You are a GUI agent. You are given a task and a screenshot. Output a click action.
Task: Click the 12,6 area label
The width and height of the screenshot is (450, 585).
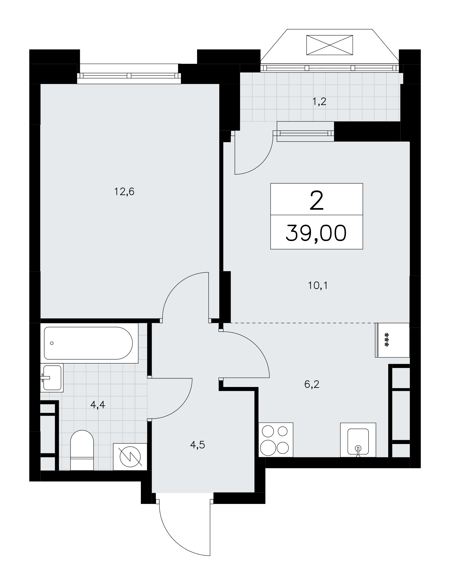[124, 192]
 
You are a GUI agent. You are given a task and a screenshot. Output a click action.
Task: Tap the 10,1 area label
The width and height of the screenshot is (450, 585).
[318, 285]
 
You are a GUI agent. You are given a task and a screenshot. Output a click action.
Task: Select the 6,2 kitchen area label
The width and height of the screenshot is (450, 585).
[312, 384]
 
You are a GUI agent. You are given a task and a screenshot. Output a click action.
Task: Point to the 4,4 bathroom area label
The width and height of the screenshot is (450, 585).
[98, 405]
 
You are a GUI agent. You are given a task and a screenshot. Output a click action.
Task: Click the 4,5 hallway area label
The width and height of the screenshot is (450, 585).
[198, 445]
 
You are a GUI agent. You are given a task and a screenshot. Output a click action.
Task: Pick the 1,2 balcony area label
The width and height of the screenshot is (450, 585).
[319, 102]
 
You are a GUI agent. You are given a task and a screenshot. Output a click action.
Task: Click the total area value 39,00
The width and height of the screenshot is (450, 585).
[316, 233]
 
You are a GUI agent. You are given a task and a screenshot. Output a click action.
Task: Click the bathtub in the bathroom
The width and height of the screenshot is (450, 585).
[88, 343]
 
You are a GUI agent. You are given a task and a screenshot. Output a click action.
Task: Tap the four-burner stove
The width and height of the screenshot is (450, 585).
[276, 440]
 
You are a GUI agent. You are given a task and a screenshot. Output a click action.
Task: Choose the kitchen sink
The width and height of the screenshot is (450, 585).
[358, 440]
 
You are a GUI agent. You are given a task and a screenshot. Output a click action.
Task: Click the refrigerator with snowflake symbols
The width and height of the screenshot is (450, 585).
[392, 340]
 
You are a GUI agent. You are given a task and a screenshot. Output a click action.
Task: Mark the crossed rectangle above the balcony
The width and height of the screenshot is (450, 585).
[329, 45]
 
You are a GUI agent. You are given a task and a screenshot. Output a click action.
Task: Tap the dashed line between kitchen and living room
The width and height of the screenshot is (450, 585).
[303, 323]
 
